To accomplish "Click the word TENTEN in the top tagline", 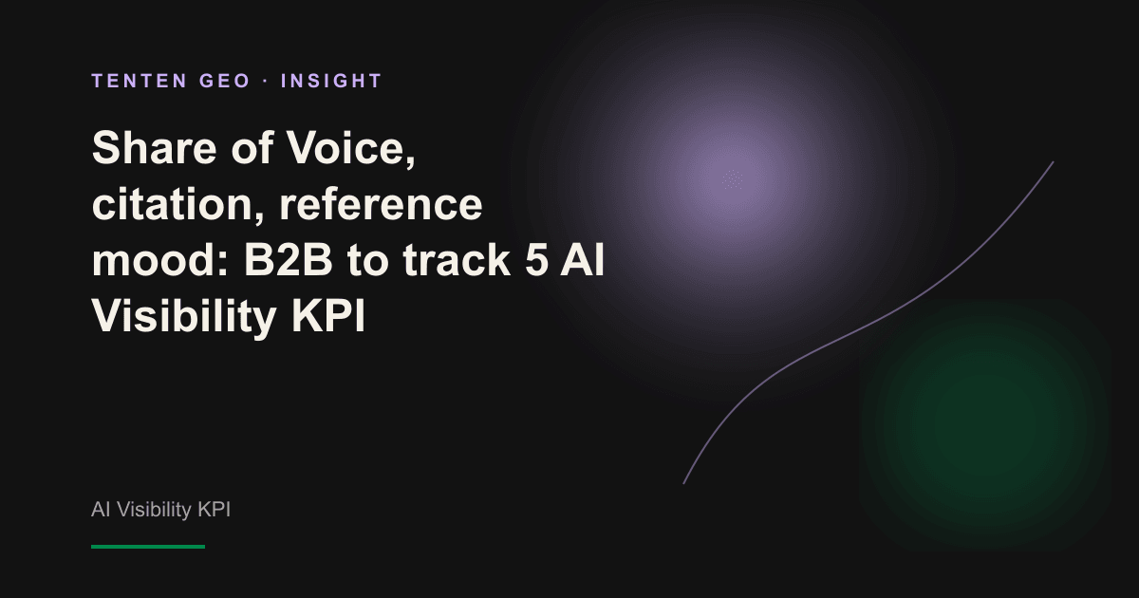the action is pos(140,81).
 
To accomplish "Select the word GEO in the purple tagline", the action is pos(225,81).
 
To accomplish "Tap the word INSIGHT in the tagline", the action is pos(331,81).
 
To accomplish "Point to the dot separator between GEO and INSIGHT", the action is pos(266,81).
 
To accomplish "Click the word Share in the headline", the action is pos(154,148).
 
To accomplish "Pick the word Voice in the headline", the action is pos(351,148).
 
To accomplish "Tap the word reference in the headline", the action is pos(381,204).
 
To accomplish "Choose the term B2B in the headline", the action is pos(289,260).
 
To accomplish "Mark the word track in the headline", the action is pos(457,260).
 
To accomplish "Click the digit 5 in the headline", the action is pos(537,260).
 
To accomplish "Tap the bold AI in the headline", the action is pos(583,260).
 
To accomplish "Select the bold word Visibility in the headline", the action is pos(184,316).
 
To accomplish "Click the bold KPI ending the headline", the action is pos(328,316).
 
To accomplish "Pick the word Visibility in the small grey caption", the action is pos(154,510).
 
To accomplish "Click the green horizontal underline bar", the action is pos(148,547).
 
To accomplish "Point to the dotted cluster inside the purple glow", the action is pos(733,179).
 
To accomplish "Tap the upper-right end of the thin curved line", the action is pos(1053,162).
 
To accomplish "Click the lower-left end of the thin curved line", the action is pos(684,483).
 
